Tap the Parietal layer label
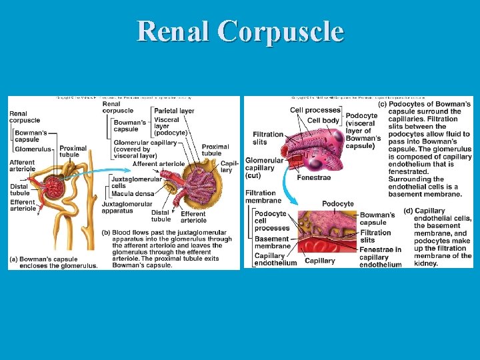click(174, 111)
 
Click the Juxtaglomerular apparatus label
click(123, 207)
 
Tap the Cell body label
click(323, 120)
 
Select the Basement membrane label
click(271, 243)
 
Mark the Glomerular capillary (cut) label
click(264, 168)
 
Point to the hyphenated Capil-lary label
click(229, 167)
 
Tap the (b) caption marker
click(107, 233)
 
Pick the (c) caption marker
click(383, 104)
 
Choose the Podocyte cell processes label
click(271, 221)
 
